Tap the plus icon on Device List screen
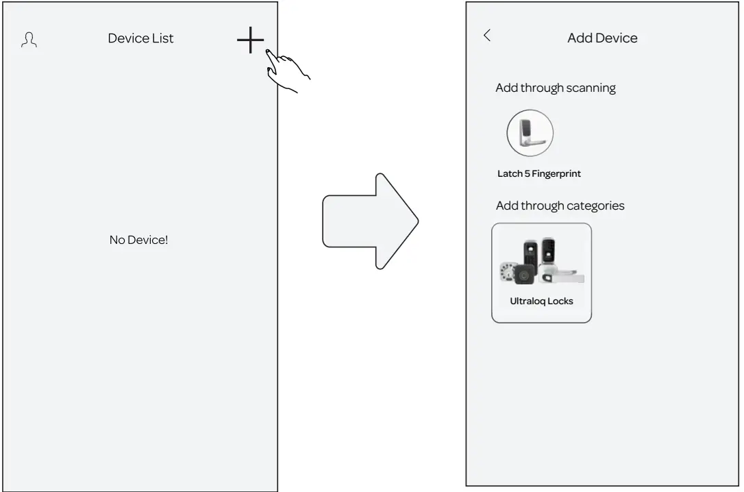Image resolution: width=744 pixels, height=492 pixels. [250, 40]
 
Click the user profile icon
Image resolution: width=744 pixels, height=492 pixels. [29, 40]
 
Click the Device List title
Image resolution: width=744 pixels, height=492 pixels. [140, 38]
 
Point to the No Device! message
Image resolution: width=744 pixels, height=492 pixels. [138, 241]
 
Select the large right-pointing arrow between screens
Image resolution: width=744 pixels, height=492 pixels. [371, 221]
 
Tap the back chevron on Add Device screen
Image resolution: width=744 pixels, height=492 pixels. [487, 36]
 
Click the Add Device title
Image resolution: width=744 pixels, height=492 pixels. [602, 38]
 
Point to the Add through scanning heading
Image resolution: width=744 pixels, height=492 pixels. [556, 88]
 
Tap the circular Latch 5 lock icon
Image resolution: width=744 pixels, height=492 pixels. [530, 133]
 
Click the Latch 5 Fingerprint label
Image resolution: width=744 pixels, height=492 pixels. [538, 174]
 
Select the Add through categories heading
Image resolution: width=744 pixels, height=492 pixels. [560, 206]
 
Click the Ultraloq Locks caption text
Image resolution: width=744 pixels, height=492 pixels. [541, 301]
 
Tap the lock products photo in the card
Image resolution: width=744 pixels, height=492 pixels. [541, 262]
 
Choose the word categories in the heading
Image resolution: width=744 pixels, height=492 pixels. [593, 206]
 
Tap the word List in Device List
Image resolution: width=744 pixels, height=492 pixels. [163, 38]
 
